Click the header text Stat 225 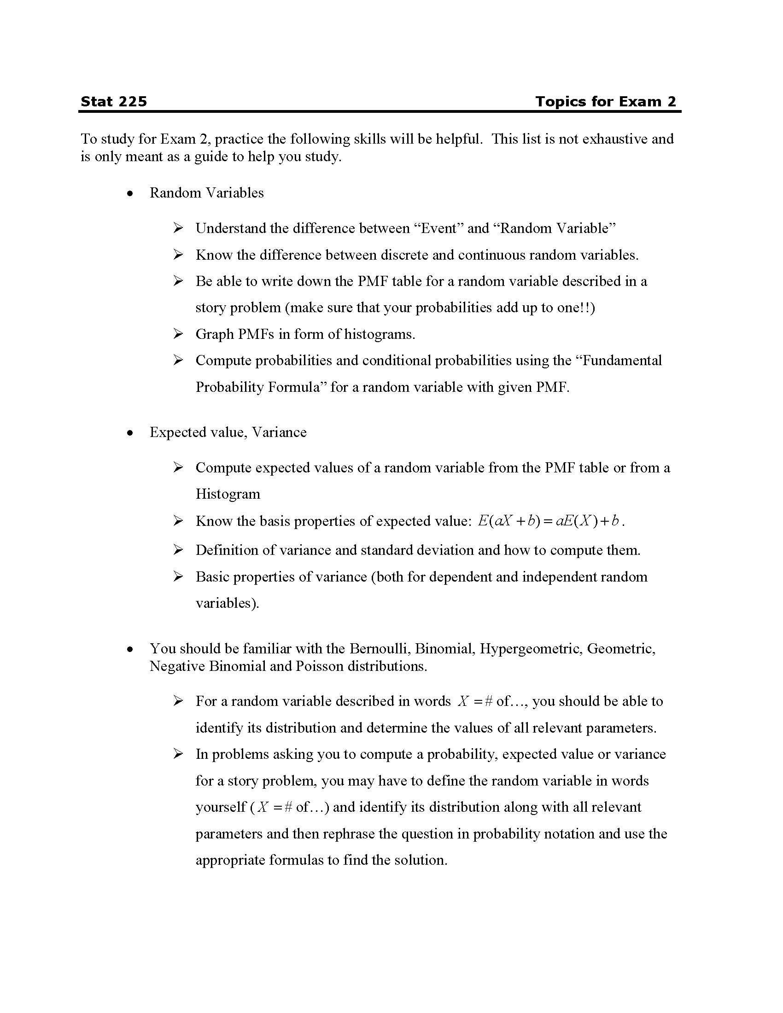coord(114,102)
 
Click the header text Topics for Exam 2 coord(605,102)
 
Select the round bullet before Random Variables coord(130,193)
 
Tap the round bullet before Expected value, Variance coord(130,433)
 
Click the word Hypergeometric coord(531,648)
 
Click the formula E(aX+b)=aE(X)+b coord(550,521)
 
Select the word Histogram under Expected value coord(228,494)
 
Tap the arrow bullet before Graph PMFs coord(178,334)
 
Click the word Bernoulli coord(380,648)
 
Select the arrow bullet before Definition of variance coord(178,550)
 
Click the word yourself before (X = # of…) coord(220,807)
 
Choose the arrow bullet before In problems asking coord(178,754)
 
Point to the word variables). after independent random coord(227,603)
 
